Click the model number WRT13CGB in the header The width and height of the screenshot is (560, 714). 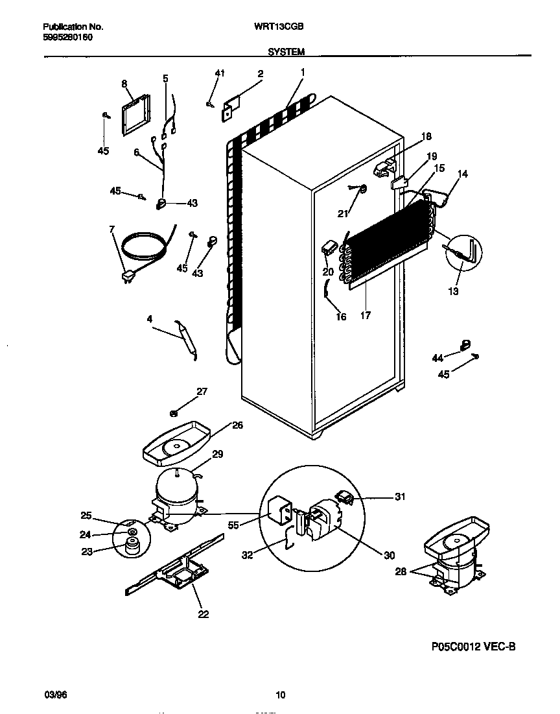pos(285,27)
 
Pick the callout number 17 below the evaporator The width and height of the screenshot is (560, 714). pos(366,316)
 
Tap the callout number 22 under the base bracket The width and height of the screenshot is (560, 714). pos(204,614)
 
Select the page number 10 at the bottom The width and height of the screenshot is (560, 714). pos(280,695)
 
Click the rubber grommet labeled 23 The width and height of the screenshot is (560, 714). pos(133,549)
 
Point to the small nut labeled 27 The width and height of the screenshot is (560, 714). pos(174,412)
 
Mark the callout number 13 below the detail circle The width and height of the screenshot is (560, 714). pos(453,291)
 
